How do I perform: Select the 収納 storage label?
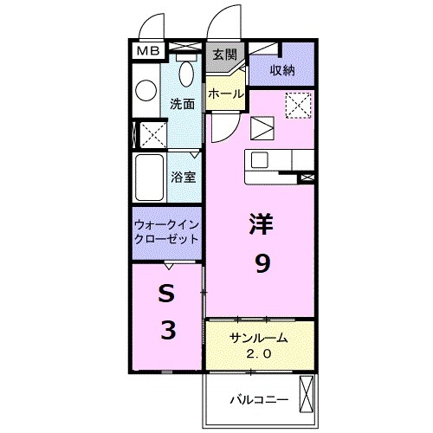point(281,70)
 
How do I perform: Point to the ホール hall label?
point(224,92)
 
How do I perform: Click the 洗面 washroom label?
point(182,102)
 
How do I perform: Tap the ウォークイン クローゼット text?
point(166,231)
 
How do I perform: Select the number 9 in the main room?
point(261,264)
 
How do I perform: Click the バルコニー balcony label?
point(258,401)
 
